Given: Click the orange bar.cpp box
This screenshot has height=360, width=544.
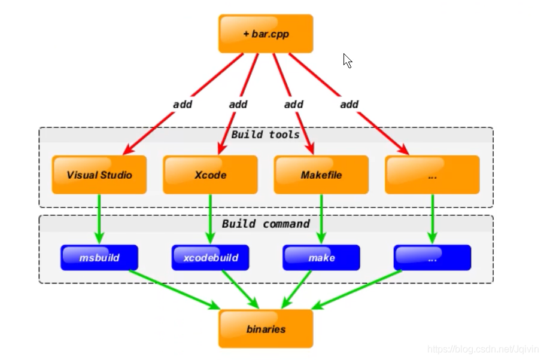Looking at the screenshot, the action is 266,33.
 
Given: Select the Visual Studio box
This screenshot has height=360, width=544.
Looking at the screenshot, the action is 99,175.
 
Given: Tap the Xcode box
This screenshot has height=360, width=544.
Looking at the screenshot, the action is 210,175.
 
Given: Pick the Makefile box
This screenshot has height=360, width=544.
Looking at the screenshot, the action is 321,175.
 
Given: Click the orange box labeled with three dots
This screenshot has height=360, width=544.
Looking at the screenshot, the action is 432,175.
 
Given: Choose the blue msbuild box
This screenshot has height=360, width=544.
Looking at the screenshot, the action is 99,257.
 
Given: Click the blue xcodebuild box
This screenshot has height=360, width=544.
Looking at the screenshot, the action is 210,257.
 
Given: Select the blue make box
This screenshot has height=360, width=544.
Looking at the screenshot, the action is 321,257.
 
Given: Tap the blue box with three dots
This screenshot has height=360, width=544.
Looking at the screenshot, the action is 432,257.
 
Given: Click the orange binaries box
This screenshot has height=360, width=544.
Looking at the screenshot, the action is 266,329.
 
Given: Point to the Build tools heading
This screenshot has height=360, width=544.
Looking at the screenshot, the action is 265,135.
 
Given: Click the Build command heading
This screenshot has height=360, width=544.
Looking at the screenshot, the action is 266,224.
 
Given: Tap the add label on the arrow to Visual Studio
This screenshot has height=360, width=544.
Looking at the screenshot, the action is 183,105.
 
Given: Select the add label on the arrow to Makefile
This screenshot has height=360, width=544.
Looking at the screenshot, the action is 293,105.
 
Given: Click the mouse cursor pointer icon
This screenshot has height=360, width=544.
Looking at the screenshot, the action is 348,60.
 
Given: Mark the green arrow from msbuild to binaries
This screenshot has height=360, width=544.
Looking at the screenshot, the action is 175,289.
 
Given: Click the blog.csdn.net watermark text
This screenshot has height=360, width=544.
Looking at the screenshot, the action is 483,349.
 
